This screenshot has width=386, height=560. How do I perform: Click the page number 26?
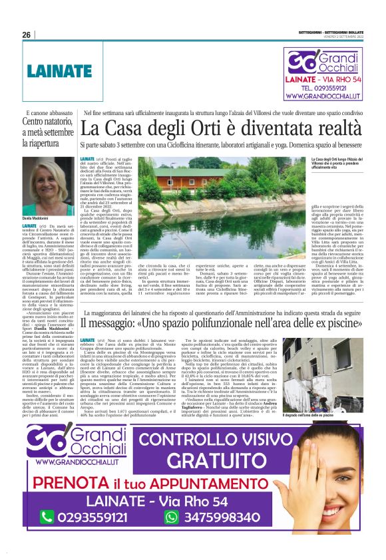tap(27, 35)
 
